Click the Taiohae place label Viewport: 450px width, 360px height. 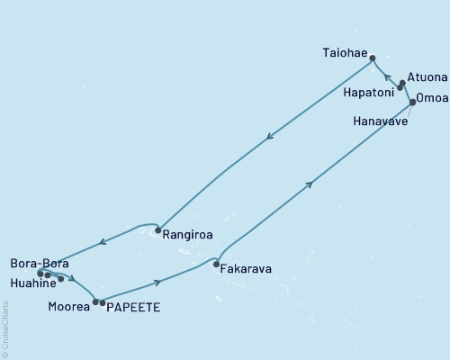coord(345,54)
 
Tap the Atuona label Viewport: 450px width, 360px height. coord(427,77)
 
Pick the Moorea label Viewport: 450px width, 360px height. coord(68,307)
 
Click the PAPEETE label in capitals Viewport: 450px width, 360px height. coord(134,307)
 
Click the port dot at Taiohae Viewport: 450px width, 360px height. coord(372,56)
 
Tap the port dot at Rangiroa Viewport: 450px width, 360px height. coord(158,230)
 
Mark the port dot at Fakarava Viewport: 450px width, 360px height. coord(216,265)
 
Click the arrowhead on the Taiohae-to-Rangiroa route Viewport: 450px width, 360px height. coord(269,138)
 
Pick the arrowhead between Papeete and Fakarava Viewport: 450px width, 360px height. coord(158,283)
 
